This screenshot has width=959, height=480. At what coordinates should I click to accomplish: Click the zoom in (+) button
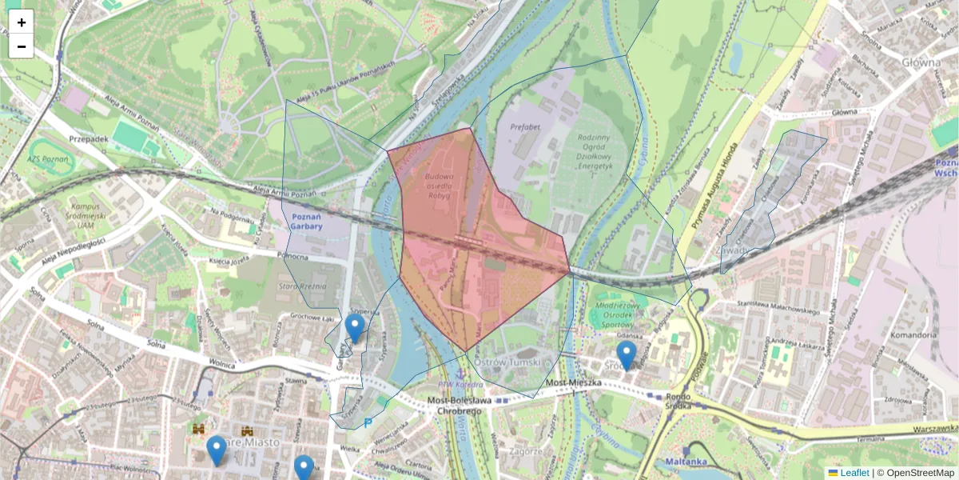(x=22, y=22)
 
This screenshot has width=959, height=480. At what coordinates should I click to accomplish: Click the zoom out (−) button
(x=22, y=46)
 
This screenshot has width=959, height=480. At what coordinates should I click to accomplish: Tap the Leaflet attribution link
(x=854, y=473)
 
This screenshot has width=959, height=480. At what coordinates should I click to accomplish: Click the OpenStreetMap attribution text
(x=919, y=473)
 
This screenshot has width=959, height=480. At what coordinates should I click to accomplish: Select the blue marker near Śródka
(x=626, y=354)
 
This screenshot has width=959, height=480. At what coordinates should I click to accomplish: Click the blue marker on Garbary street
(x=355, y=328)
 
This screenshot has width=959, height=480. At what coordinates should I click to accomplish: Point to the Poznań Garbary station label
(x=308, y=222)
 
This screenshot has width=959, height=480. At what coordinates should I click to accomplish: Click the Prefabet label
(x=525, y=126)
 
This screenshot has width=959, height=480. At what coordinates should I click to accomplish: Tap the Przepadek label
(x=88, y=138)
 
